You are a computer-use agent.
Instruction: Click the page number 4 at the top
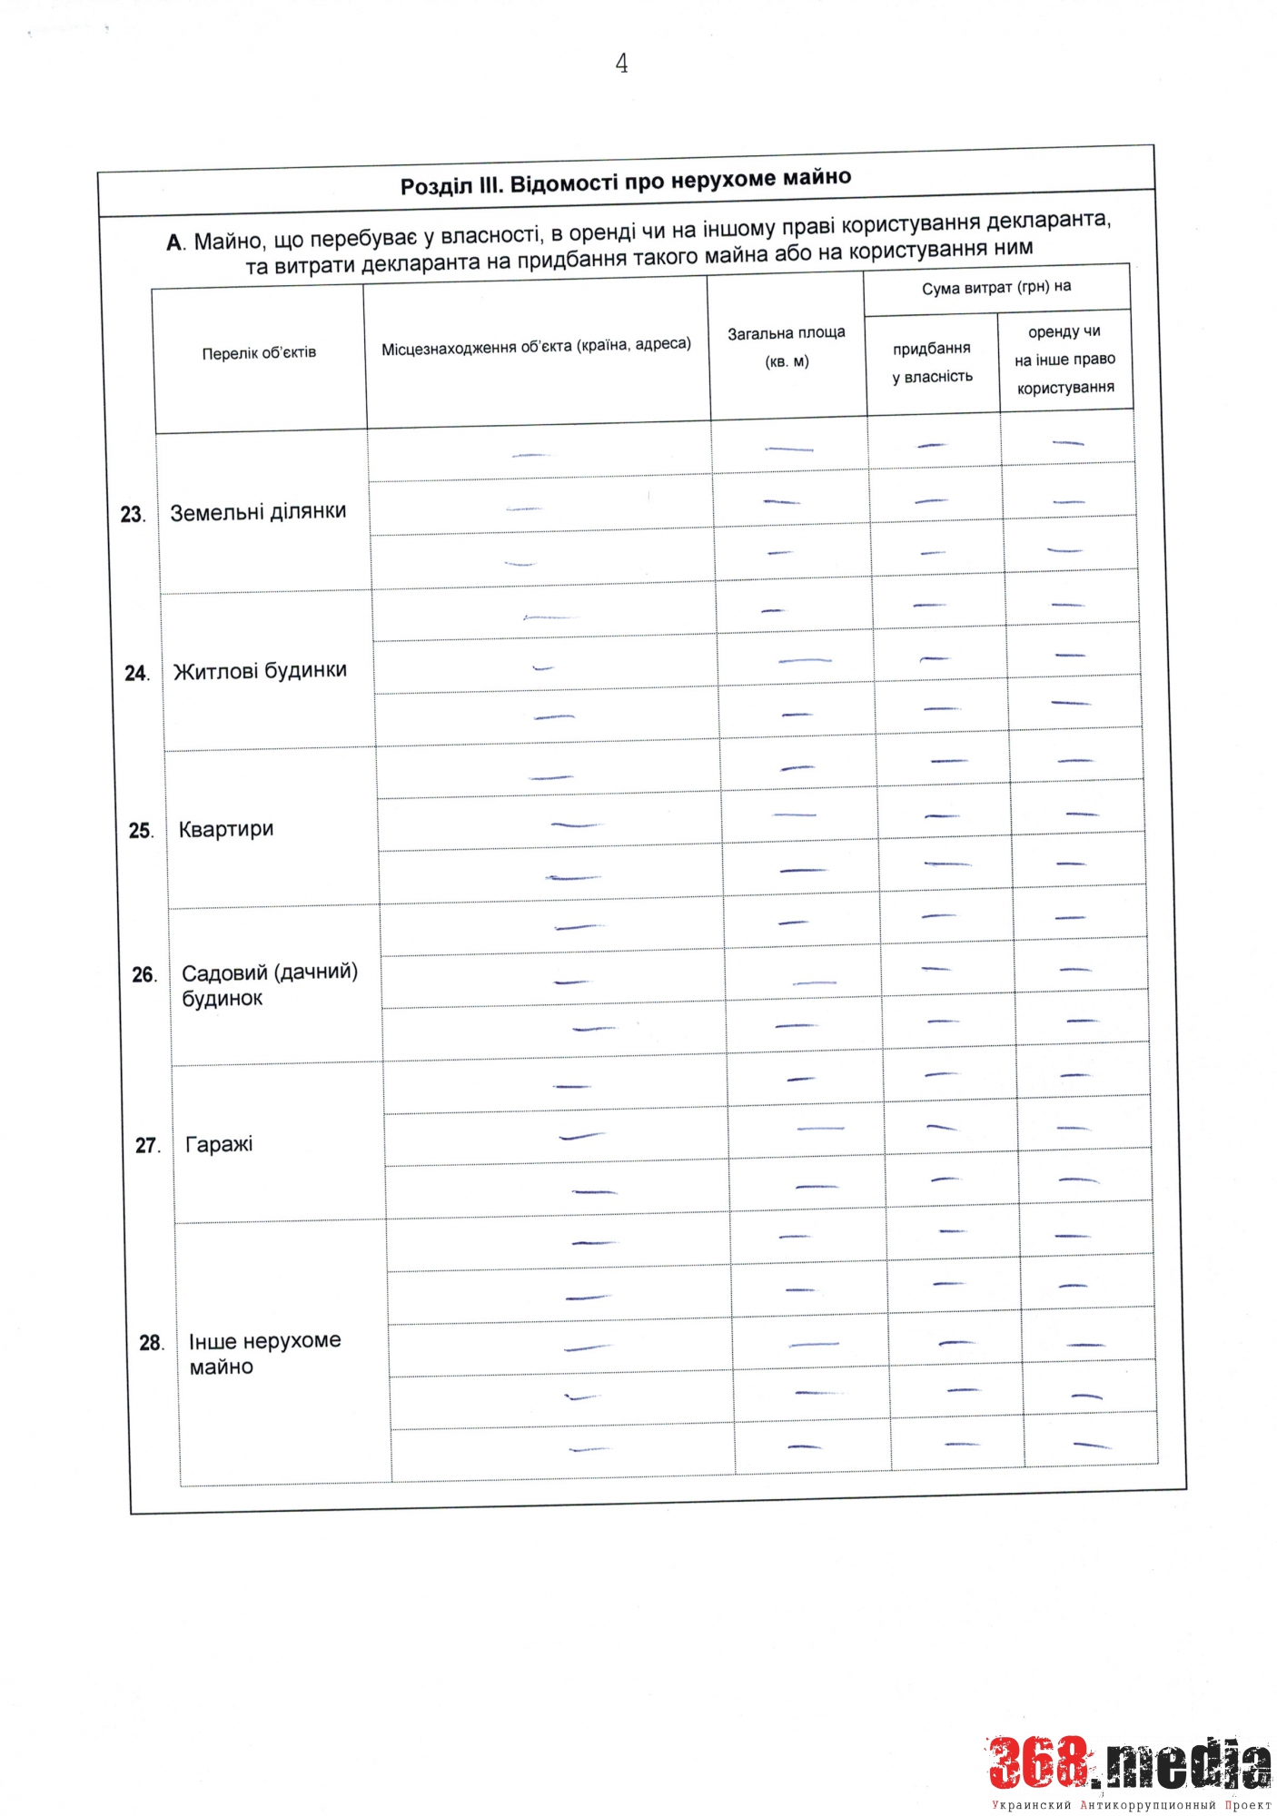(621, 64)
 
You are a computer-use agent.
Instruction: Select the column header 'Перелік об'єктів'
(259, 353)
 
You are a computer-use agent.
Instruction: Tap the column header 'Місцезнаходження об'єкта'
(536, 346)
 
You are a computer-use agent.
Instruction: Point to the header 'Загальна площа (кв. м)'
(787, 347)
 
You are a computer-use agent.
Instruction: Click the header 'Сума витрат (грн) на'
(996, 288)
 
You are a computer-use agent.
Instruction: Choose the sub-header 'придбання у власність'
(932, 362)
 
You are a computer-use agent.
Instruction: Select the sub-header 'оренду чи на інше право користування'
(1065, 360)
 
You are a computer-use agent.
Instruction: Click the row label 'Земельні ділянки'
(258, 512)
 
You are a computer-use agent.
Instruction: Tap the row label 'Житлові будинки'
(260, 671)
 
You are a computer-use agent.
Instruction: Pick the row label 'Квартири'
(226, 829)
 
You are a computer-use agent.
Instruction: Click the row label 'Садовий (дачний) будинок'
(269, 985)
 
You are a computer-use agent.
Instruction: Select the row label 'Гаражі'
(219, 1144)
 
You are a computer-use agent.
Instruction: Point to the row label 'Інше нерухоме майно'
(264, 1353)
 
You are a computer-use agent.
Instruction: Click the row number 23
(133, 515)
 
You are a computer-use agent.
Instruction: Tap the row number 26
(144, 975)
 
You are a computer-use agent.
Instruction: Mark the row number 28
(151, 1343)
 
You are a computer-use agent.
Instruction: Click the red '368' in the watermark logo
(1037, 1762)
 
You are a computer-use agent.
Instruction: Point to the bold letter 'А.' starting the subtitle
(175, 243)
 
